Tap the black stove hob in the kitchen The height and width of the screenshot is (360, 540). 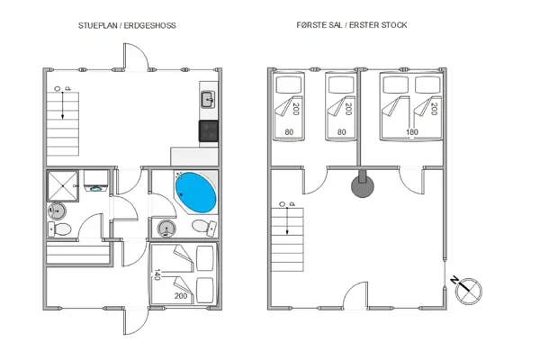pyautogui.click(x=208, y=131)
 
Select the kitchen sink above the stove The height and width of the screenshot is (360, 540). pyautogui.click(x=207, y=99)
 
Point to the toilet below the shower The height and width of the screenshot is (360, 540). pyautogui.click(x=61, y=230)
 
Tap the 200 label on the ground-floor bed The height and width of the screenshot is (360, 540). pyautogui.click(x=181, y=295)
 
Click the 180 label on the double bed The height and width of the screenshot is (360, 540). pyautogui.click(x=413, y=132)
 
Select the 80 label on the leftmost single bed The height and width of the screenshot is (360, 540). pyautogui.click(x=289, y=132)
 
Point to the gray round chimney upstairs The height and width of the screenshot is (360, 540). pyautogui.click(x=363, y=186)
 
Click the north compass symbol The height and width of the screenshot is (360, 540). pyautogui.click(x=469, y=290)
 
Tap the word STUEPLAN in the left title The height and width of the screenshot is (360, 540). pyautogui.click(x=97, y=25)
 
